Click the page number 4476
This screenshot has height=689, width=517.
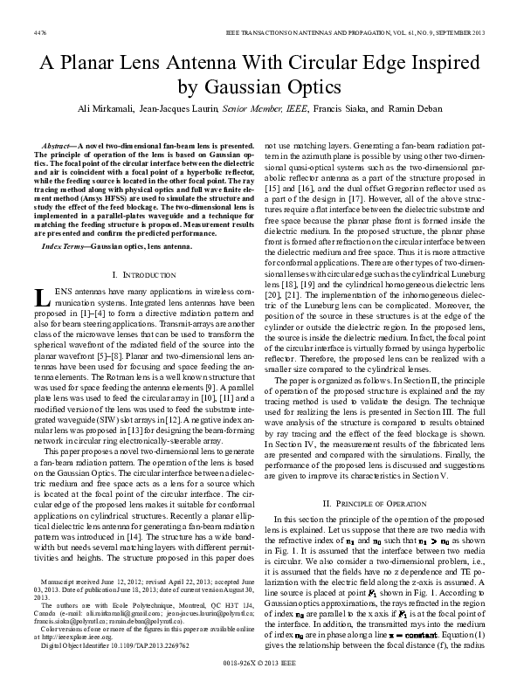point(38,31)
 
